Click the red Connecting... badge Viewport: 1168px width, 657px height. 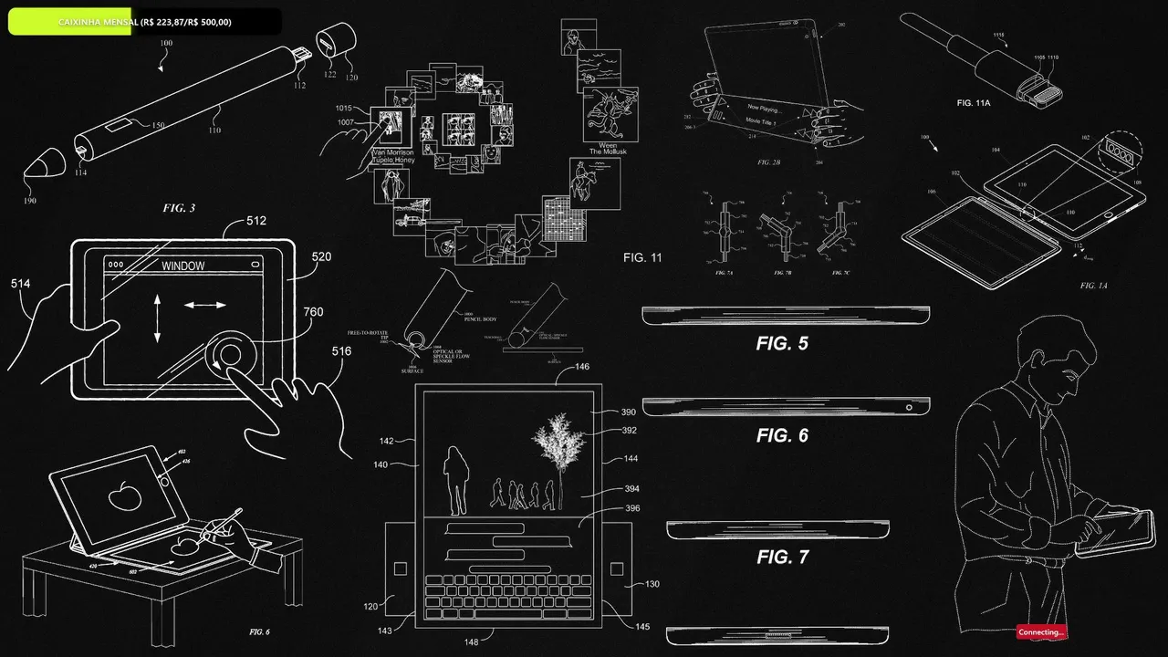(1040, 631)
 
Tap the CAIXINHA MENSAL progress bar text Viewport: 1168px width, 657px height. (144, 21)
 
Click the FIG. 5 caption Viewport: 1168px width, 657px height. (782, 344)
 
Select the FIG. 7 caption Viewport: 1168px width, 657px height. (782, 557)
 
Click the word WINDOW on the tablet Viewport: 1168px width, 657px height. (182, 266)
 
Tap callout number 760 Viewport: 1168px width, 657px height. (313, 313)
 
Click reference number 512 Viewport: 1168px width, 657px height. (256, 220)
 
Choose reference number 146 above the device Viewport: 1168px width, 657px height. (582, 367)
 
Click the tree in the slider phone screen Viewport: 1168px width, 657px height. (558, 447)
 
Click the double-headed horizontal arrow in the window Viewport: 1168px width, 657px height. (205, 304)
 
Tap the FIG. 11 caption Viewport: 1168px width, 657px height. (642, 258)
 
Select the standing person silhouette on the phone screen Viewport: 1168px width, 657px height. (455, 478)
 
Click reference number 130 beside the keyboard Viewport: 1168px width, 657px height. (652, 584)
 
